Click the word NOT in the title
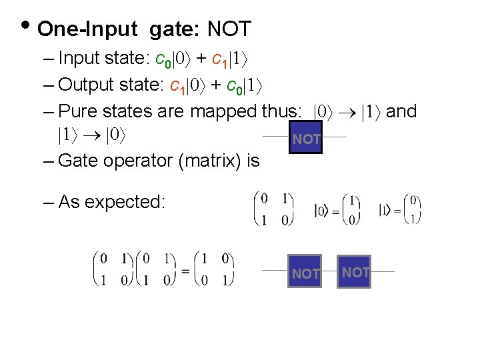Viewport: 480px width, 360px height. click(229, 29)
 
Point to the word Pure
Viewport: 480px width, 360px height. click(78, 111)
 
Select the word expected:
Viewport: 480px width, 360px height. click(125, 201)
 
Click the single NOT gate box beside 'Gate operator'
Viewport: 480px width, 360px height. click(306, 138)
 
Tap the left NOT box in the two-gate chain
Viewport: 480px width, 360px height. click(305, 272)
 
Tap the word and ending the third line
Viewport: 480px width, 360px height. click(401, 111)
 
